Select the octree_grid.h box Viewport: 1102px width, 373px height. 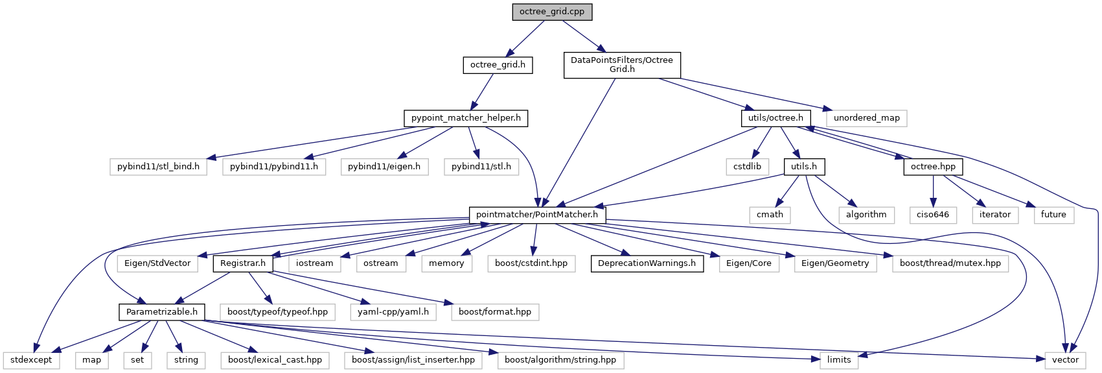click(498, 65)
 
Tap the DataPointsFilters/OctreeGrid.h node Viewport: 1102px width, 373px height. click(622, 65)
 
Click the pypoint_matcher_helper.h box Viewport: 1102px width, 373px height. click(466, 118)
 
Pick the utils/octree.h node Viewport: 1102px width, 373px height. click(775, 118)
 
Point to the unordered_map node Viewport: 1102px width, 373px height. click(866, 118)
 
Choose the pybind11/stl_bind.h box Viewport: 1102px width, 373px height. click(158, 167)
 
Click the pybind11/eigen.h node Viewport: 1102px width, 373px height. click(384, 167)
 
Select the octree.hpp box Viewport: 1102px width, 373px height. click(933, 167)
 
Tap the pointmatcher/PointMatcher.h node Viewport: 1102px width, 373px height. click(537, 215)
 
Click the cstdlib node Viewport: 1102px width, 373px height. click(747, 167)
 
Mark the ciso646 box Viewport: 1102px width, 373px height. click(933, 215)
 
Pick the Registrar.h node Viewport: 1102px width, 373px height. click(243, 263)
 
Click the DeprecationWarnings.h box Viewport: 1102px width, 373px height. click(647, 263)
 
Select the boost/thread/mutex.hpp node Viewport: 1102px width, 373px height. click(950, 263)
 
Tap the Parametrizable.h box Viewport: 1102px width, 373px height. click(162, 312)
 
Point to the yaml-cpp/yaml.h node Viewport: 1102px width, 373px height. click(393, 312)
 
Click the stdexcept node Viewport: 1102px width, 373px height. click(31, 360)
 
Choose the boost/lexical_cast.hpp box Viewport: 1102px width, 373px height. click(275, 360)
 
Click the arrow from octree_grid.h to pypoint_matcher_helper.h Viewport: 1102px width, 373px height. click(483, 91)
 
